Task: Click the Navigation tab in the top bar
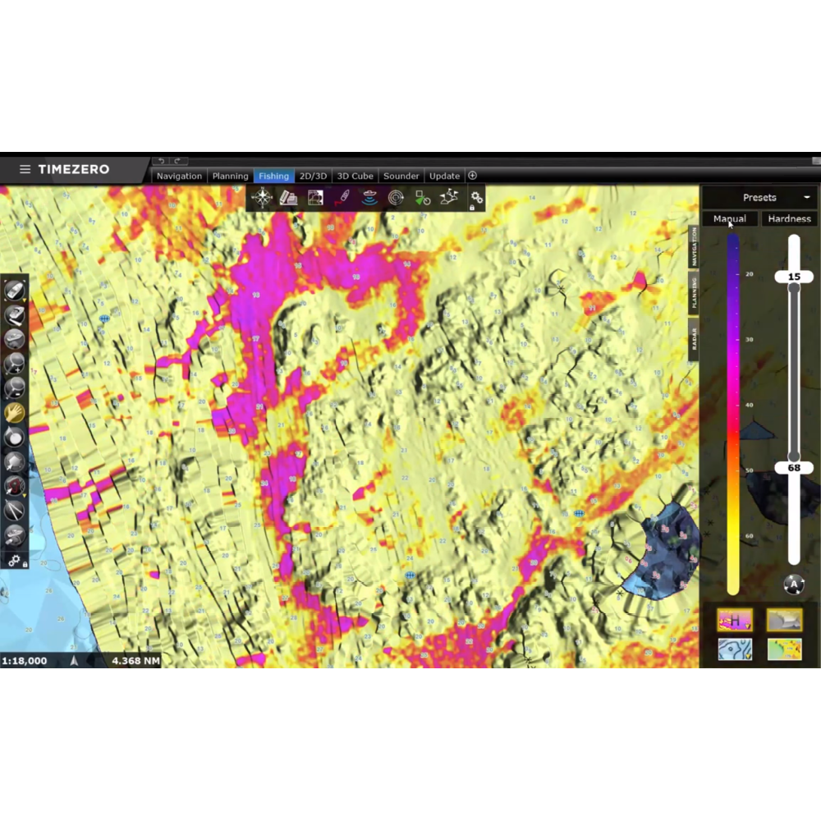click(x=179, y=176)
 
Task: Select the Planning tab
click(x=230, y=176)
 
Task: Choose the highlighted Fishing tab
click(x=273, y=176)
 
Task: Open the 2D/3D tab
click(x=313, y=176)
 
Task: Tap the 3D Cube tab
click(x=355, y=176)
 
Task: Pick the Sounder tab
click(x=401, y=176)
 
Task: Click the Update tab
click(x=444, y=176)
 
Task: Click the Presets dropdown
click(x=759, y=197)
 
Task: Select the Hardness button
click(x=789, y=218)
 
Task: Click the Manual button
click(x=730, y=218)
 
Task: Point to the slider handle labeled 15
click(x=794, y=277)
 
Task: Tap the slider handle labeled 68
click(x=794, y=468)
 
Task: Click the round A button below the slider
click(x=793, y=585)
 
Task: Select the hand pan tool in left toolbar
click(x=14, y=412)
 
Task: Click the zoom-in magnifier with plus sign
click(x=14, y=364)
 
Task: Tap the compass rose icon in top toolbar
click(x=262, y=198)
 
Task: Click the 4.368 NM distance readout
click(x=135, y=660)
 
